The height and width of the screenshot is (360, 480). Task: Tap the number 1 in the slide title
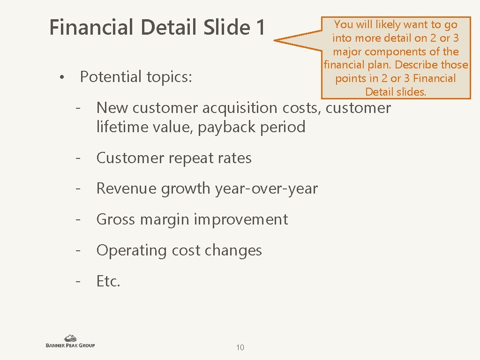(260, 27)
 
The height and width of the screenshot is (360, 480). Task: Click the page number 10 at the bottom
(240, 347)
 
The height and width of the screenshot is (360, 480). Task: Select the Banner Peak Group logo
(70, 341)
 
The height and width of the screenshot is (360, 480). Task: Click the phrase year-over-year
(266, 189)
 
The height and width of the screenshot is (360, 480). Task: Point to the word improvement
(241, 220)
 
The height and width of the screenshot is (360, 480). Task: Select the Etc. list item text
(108, 281)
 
